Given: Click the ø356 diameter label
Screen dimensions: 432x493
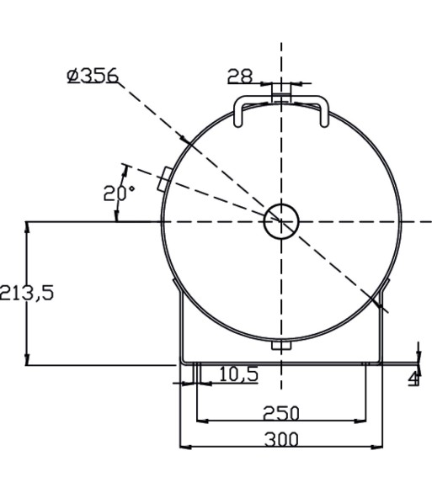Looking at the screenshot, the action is point(93,76).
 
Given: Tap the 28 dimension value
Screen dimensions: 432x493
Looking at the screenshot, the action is point(240,76).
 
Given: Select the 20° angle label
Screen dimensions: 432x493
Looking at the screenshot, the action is point(119,193).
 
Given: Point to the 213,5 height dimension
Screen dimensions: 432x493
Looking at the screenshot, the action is point(26,293).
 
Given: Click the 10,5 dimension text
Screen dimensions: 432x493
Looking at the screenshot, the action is point(239,374).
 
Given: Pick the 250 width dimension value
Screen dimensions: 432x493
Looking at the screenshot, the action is point(281,413).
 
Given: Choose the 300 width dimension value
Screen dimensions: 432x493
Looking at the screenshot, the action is point(281,439).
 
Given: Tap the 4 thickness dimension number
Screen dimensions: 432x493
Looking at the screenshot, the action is point(414,378).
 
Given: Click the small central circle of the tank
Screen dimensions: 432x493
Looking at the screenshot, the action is point(281,221).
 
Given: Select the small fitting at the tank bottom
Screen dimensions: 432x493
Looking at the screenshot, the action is point(281,345).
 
